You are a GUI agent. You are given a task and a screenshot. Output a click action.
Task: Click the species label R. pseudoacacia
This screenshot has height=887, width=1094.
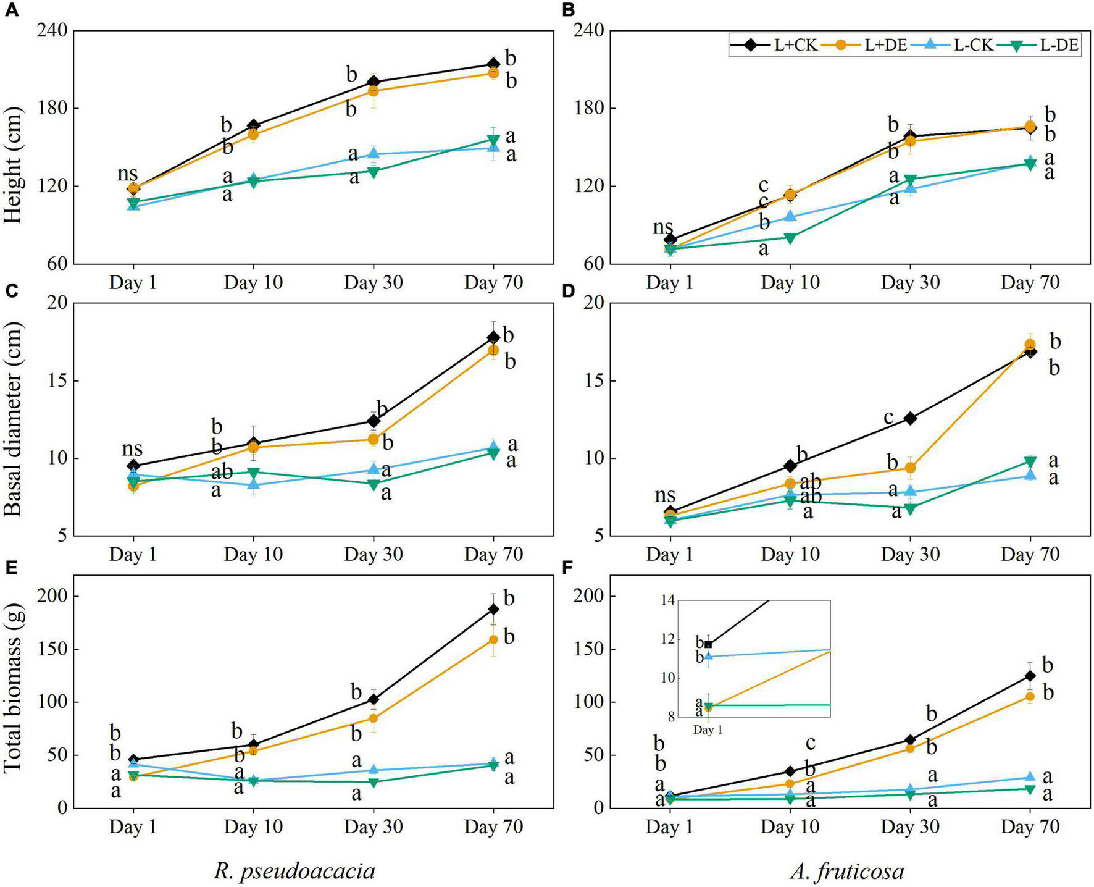[x=294, y=871]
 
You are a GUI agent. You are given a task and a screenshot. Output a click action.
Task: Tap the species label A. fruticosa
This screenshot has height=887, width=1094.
[x=846, y=871]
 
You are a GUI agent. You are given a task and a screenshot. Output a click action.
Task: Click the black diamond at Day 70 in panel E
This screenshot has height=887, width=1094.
[x=493, y=609]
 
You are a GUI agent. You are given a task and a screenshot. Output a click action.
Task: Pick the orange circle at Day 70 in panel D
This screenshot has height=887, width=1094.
[x=1030, y=345]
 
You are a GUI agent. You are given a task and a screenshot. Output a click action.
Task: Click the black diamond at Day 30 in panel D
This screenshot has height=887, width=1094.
[x=910, y=418]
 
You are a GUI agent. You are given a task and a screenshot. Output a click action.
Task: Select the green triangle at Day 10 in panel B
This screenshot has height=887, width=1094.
[x=790, y=238]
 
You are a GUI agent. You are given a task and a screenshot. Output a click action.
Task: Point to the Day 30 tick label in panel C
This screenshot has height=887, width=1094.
[x=373, y=554]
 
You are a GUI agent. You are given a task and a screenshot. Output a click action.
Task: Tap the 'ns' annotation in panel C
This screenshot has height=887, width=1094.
[x=132, y=448]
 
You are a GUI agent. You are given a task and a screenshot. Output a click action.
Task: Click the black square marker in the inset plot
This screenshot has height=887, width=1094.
[x=708, y=644]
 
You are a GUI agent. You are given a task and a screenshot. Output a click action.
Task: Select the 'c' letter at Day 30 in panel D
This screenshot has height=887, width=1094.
[x=888, y=418]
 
